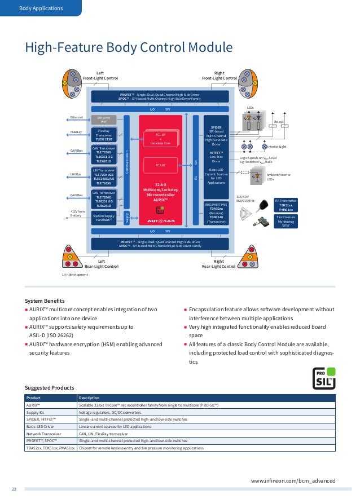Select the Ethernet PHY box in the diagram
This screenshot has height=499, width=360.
104,120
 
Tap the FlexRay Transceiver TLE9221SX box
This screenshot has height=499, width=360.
104,135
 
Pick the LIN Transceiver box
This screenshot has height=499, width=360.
104,175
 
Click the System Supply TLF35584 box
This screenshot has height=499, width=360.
104,218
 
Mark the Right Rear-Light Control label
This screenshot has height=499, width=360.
218,264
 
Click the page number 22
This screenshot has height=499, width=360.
15,488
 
